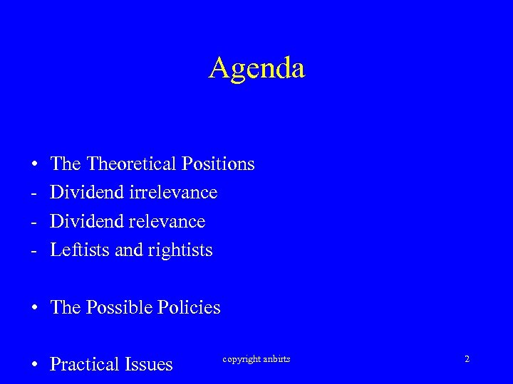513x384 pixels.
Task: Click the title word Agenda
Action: (256, 68)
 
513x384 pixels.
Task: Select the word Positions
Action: (218, 164)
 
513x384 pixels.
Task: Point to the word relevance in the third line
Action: (167, 222)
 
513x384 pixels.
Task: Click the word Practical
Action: (86, 365)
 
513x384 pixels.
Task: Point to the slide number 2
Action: (467, 359)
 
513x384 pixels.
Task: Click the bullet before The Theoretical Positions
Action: (34, 165)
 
